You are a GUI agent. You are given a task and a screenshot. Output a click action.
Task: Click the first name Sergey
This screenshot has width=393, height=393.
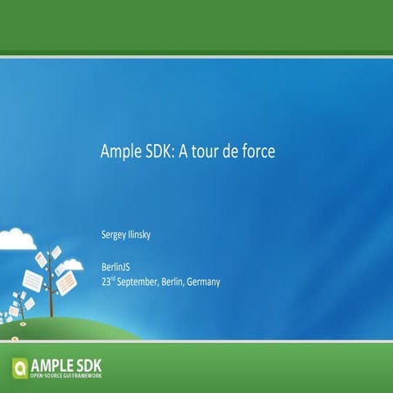[113, 235]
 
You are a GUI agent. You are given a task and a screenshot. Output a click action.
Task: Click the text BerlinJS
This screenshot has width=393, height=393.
[115, 268]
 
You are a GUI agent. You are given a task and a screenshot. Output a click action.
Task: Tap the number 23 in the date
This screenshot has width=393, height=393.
[106, 282]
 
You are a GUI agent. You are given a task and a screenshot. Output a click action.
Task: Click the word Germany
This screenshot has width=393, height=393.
[204, 282]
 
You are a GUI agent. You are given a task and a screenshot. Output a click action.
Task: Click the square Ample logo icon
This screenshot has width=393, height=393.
[20, 366]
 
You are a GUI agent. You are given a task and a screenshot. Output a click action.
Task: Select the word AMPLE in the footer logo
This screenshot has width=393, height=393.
[56, 363]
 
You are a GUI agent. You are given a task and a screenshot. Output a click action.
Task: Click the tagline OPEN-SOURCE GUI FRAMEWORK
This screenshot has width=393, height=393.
[66, 375]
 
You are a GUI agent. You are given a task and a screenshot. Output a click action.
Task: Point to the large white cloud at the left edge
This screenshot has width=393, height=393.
[15, 239]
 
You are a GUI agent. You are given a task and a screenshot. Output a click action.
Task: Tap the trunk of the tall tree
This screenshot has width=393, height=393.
[52, 299]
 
